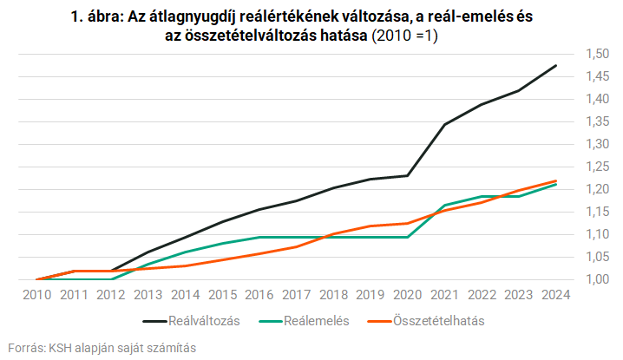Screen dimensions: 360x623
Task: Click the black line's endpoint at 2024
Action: click(x=555, y=65)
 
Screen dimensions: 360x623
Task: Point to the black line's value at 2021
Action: click(x=444, y=124)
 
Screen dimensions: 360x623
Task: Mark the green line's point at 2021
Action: click(x=444, y=206)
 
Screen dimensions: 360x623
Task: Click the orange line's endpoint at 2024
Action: click(x=555, y=180)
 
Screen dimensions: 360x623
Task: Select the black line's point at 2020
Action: click(x=407, y=176)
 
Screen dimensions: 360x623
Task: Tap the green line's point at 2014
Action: click(x=185, y=252)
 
